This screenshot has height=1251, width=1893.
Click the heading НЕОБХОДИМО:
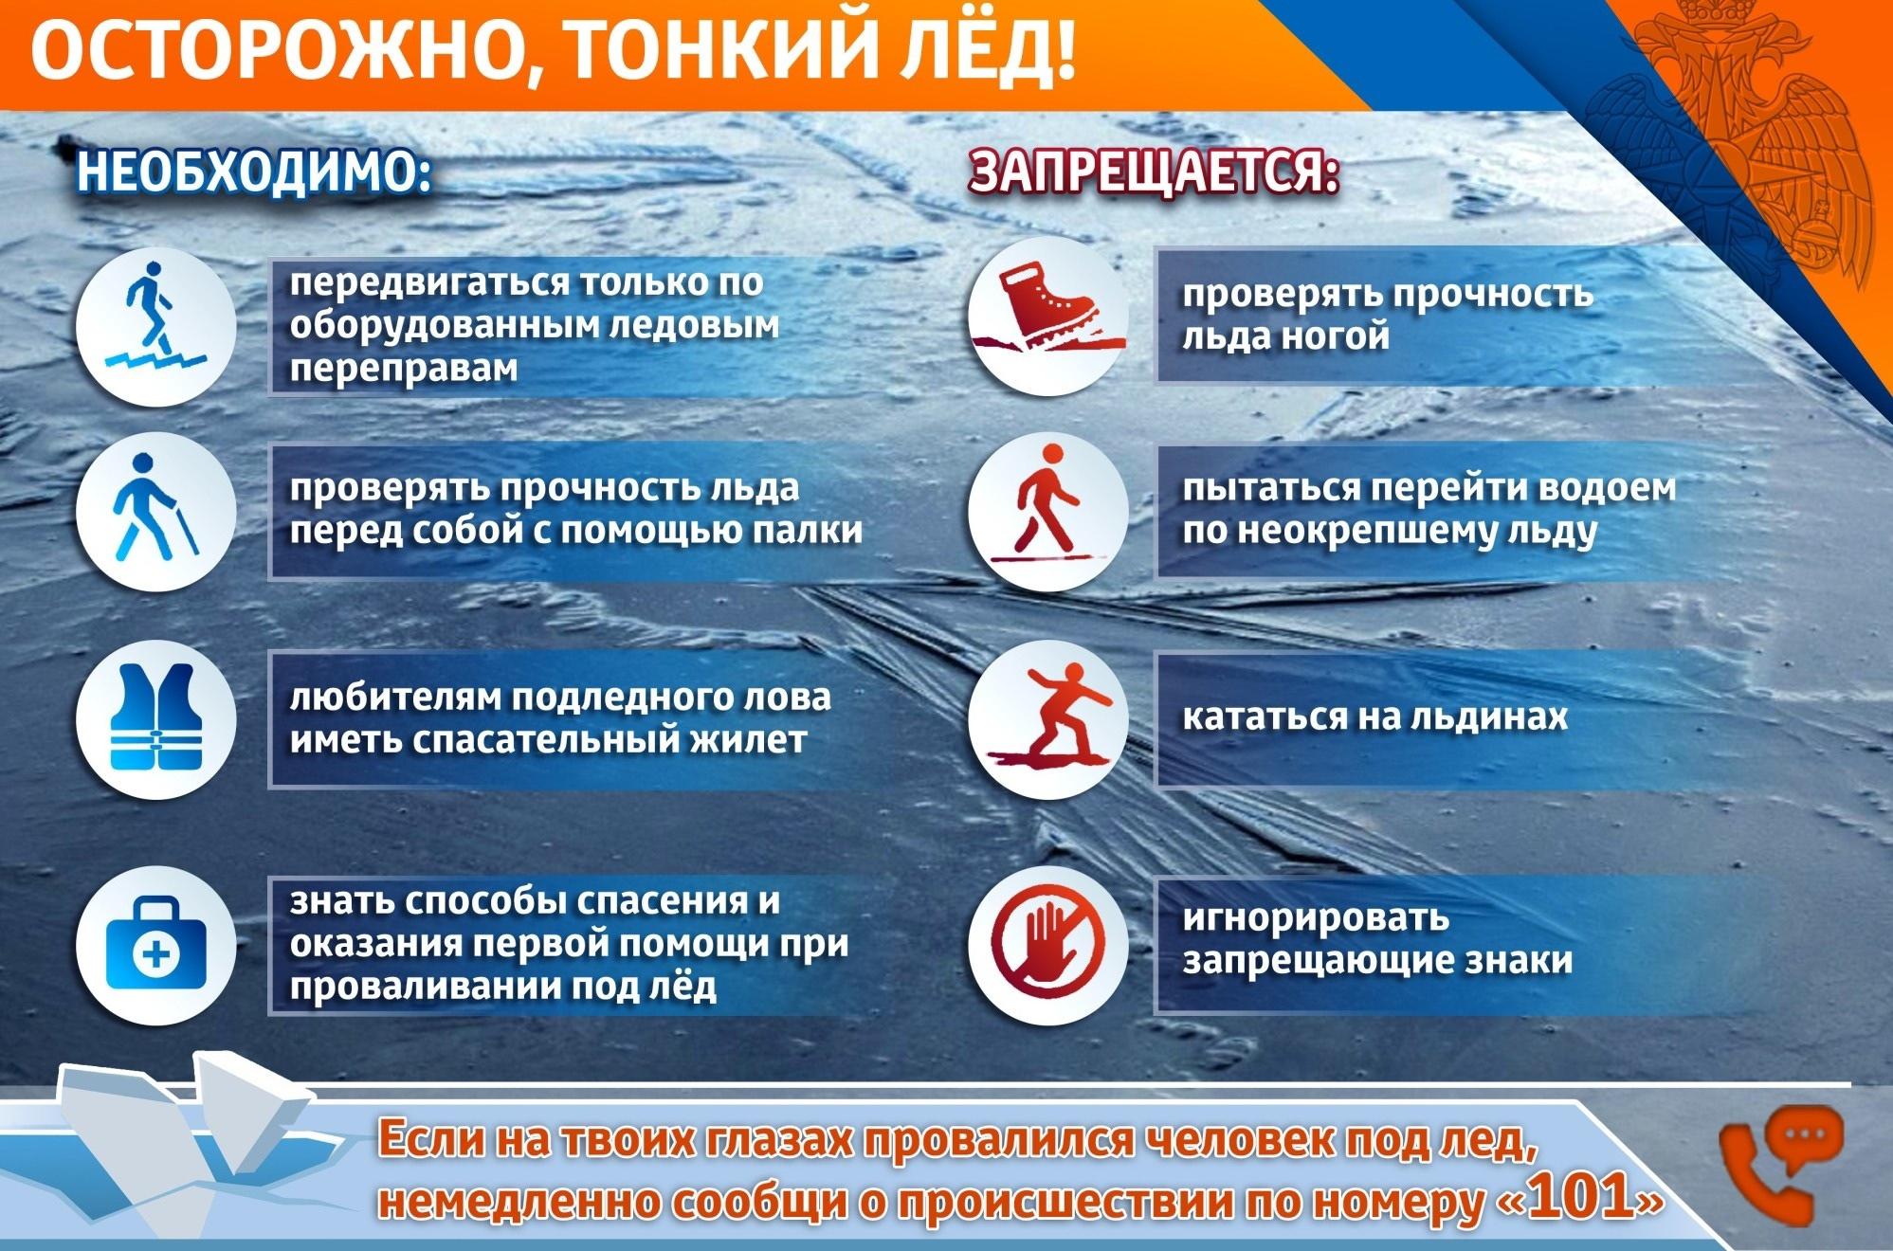pos(254,172)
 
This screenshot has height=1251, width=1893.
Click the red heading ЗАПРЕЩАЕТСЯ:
pos(1155,172)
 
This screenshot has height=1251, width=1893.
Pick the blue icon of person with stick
pos(155,508)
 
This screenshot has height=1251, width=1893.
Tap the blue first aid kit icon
pos(156,944)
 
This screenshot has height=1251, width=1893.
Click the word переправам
pos(404,369)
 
